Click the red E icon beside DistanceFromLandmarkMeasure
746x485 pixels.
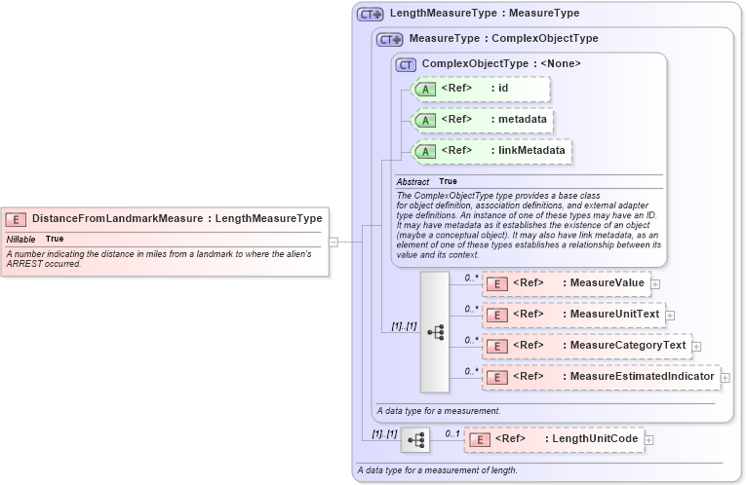18,219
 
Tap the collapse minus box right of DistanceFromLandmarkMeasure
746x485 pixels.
334,242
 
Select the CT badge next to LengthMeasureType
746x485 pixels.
371,14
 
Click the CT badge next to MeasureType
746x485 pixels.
390,39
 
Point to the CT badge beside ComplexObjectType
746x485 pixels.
406,64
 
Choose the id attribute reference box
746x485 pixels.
483,89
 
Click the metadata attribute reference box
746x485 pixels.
485,120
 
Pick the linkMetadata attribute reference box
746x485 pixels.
492,151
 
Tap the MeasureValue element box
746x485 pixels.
566,283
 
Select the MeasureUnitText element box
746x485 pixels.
572,315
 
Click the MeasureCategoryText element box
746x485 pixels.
586,346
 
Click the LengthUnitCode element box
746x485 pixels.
554,439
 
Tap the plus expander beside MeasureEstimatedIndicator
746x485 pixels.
726,377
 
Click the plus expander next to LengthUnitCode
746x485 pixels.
649,440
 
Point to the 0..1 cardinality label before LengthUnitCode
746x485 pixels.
452,432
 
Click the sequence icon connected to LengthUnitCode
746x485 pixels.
415,440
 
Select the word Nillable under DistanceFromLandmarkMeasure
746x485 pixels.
21,239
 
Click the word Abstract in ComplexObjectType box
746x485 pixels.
413,181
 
